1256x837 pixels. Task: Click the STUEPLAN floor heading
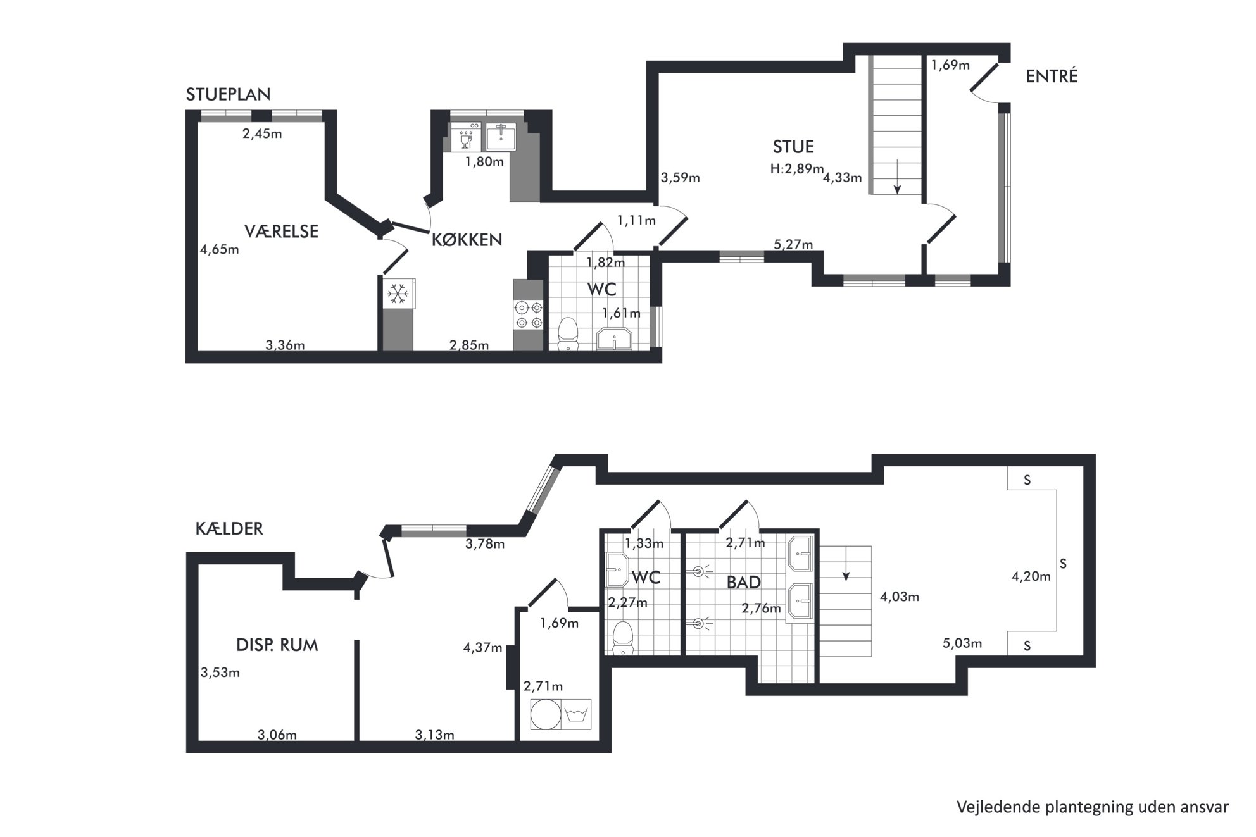(x=228, y=94)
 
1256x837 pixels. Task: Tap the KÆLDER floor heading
(x=229, y=528)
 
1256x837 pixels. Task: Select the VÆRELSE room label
(x=281, y=231)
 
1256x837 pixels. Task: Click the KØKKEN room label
(x=467, y=239)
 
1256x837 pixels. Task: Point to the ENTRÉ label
(x=1052, y=76)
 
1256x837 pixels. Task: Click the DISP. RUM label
(x=277, y=645)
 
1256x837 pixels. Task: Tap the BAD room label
(x=743, y=582)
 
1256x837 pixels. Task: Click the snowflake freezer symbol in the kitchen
(x=398, y=294)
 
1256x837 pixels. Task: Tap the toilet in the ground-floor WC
(x=568, y=333)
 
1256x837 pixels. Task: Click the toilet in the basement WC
(x=623, y=638)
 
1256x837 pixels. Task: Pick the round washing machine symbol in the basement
(x=546, y=714)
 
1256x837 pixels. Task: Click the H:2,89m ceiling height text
(x=796, y=169)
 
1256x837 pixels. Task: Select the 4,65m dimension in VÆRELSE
(x=220, y=249)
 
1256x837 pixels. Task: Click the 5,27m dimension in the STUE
(x=793, y=244)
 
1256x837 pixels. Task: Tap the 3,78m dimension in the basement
(x=485, y=543)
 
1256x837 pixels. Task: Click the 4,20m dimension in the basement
(x=1031, y=576)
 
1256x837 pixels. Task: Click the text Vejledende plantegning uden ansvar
(x=1092, y=807)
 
